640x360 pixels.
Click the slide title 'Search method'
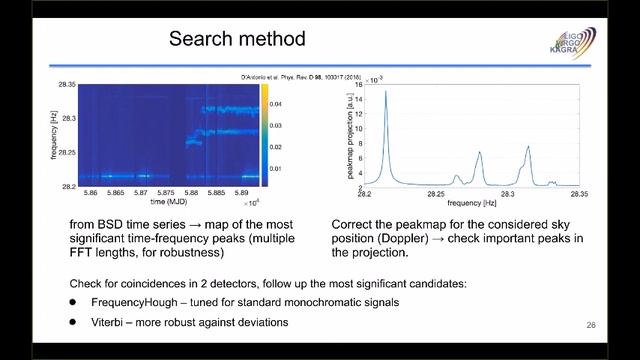(x=236, y=40)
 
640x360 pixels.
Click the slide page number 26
(x=589, y=327)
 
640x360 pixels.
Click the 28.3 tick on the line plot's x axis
(x=508, y=196)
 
